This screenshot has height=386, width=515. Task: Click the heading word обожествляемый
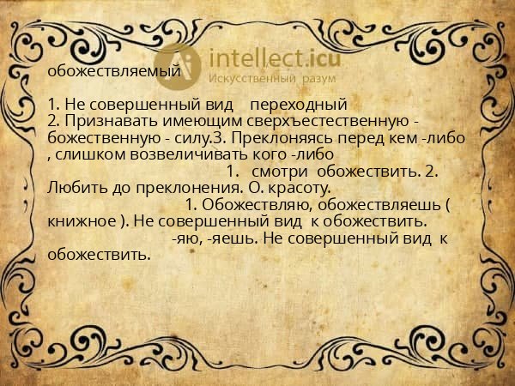coord(114,71)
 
